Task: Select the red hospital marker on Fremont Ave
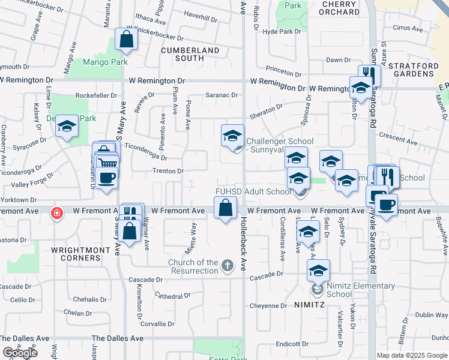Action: click(x=57, y=213)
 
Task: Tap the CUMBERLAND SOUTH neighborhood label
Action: click(x=189, y=54)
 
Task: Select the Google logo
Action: click(x=20, y=353)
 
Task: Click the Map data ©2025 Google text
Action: click(x=412, y=355)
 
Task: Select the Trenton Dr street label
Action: click(x=168, y=171)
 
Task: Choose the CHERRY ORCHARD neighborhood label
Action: click(x=340, y=8)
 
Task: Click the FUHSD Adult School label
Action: click(x=253, y=192)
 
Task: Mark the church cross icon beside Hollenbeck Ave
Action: click(x=227, y=265)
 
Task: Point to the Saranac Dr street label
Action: click(x=221, y=95)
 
